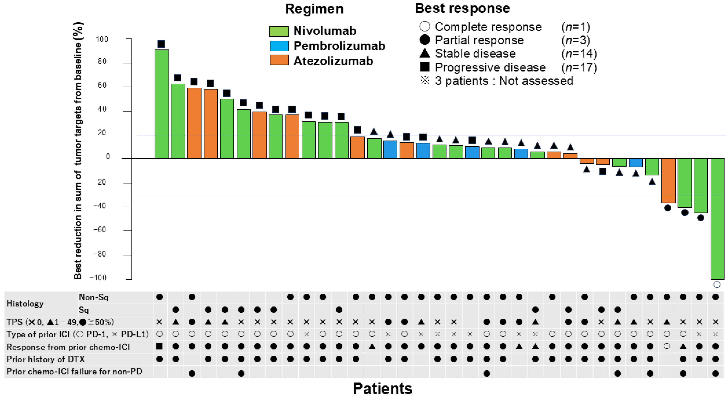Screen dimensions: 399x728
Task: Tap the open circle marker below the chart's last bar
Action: click(x=717, y=284)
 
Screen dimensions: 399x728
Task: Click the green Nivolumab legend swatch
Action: click(x=279, y=31)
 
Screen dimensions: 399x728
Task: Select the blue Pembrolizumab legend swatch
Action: click(x=279, y=46)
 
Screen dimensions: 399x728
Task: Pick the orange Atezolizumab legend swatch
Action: click(x=279, y=60)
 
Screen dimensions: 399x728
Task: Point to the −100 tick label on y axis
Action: click(x=98, y=278)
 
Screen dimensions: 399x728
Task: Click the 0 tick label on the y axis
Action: click(x=108, y=156)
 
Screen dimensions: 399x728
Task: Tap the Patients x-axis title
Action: click(x=382, y=388)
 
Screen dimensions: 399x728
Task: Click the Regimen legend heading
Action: click(x=314, y=9)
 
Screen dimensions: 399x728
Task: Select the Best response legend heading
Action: click(x=462, y=8)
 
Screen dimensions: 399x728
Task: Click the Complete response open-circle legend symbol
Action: click(x=425, y=27)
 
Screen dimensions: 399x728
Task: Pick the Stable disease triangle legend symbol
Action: click(x=425, y=53)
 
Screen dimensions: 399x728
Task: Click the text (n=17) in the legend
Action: click(x=579, y=67)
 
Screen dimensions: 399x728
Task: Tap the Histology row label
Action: click(x=25, y=304)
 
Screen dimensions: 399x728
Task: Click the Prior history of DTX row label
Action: click(x=46, y=359)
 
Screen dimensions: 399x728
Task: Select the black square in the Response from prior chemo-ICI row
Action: click(x=159, y=346)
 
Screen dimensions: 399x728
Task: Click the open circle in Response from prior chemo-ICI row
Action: click(x=667, y=346)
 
